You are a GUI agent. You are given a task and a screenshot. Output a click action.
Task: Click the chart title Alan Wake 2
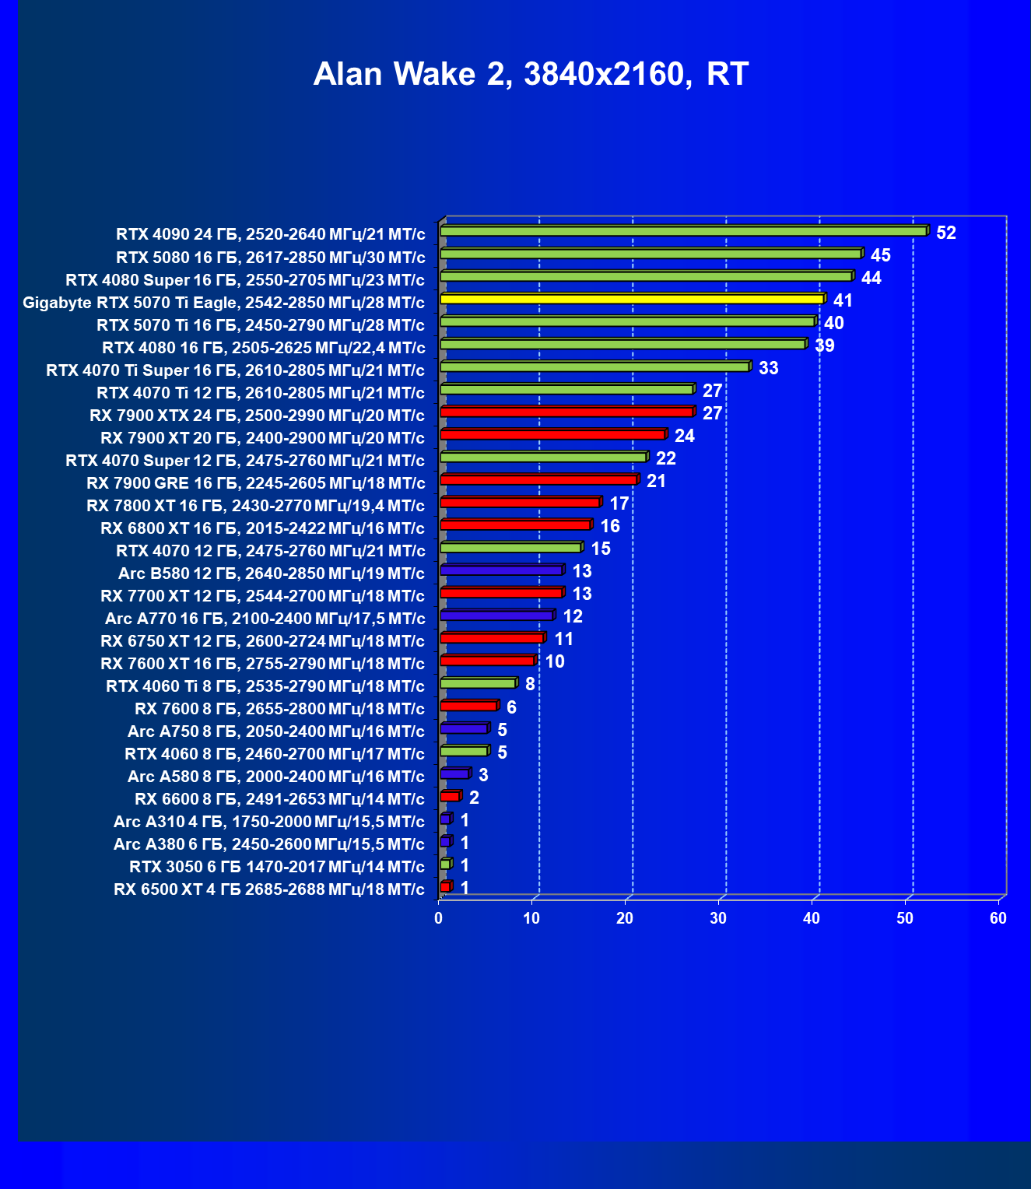[531, 75]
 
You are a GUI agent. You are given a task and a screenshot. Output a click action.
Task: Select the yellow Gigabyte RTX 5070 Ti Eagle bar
[632, 299]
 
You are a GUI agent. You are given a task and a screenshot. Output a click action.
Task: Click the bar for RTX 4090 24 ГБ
[683, 231]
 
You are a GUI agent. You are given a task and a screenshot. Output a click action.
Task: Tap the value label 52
[945, 233]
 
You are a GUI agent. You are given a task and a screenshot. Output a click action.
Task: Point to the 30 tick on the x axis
[718, 918]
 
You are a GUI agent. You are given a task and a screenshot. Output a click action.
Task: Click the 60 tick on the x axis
[998, 918]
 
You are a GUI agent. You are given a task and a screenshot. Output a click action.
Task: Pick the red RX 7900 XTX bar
[566, 412]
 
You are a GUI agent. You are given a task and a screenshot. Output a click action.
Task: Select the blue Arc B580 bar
[501, 570]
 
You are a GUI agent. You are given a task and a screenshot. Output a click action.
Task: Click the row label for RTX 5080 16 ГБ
[271, 258]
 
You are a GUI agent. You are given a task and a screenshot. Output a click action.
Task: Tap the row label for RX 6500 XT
[269, 889]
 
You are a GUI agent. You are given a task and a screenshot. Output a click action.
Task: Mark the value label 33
[768, 368]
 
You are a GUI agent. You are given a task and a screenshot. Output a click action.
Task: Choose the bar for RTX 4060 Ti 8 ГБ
[478, 683]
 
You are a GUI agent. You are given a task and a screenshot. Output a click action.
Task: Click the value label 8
[530, 684]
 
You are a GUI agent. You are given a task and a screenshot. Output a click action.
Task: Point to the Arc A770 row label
[265, 619]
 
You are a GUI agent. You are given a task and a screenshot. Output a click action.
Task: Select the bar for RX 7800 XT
[520, 502]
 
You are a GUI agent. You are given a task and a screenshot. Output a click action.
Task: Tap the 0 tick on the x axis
[439, 918]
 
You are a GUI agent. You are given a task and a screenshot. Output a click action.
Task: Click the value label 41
[843, 300]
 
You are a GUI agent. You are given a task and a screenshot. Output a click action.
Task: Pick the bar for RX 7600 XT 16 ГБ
[487, 661]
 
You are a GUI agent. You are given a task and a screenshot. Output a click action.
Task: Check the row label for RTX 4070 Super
[245, 461]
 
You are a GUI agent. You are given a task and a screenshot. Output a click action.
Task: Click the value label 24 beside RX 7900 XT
[684, 436]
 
